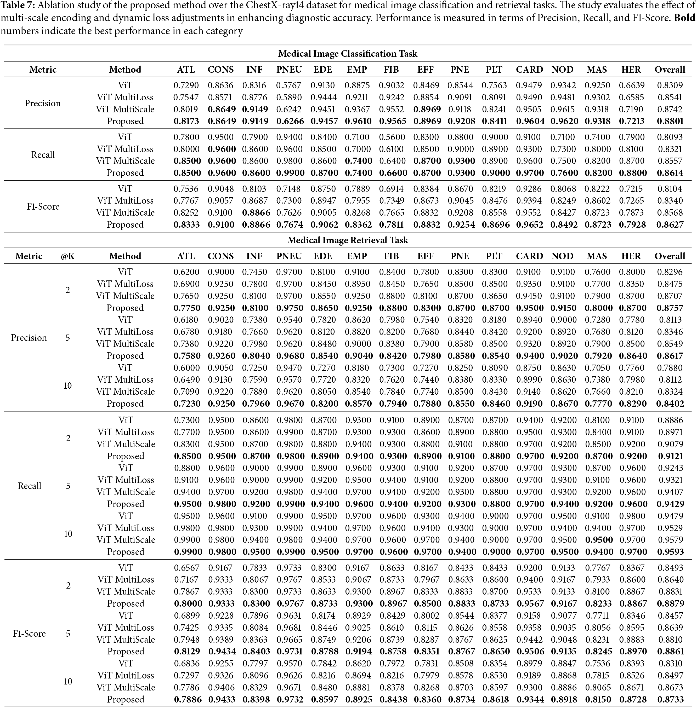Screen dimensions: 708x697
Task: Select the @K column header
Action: [x=68, y=256]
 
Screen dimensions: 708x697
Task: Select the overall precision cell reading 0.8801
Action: [x=670, y=121]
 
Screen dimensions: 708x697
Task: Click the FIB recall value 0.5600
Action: [x=391, y=137]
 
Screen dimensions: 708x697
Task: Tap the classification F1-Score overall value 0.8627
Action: [x=670, y=225]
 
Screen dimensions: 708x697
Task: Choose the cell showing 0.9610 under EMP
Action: [x=357, y=121]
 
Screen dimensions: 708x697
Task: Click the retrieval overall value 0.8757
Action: [x=670, y=308]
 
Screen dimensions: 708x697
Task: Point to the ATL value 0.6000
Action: [x=186, y=368]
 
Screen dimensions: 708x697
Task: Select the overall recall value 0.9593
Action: [x=670, y=552]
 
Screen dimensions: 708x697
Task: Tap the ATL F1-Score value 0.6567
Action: [x=186, y=568]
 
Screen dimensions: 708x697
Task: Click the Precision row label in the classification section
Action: [x=43, y=103]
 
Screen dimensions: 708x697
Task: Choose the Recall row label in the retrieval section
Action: [x=29, y=486]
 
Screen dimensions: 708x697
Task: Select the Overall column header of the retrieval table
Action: [x=670, y=256]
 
